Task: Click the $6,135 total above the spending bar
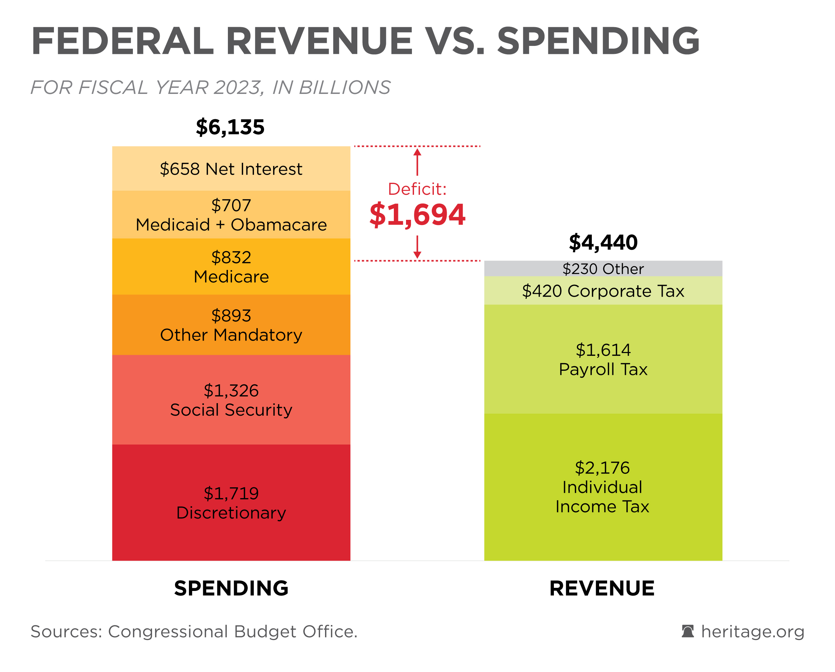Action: coord(230,127)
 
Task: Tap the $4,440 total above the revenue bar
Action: coord(603,243)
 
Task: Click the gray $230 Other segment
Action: coord(603,269)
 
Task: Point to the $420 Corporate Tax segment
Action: coord(603,291)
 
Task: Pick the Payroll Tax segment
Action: coord(603,359)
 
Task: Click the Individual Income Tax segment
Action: coord(603,487)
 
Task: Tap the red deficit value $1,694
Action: coord(417,215)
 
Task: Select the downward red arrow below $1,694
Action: coord(417,247)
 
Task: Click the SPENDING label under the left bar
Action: coord(231,589)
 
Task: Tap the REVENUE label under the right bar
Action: coord(602,589)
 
